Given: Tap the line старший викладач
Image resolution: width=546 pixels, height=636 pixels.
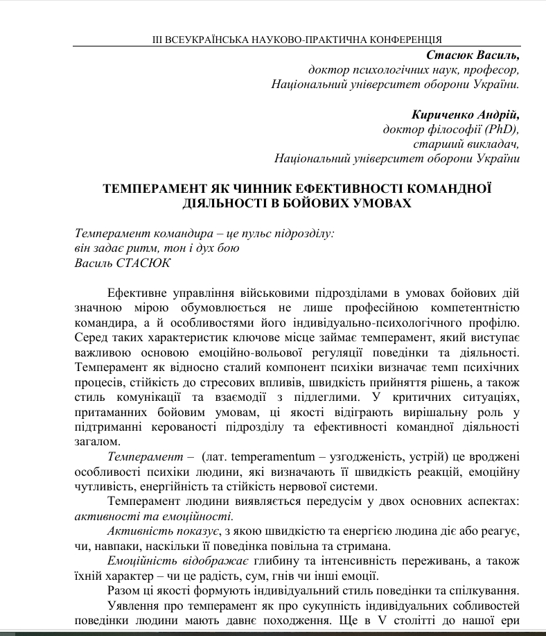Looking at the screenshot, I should tap(466, 144).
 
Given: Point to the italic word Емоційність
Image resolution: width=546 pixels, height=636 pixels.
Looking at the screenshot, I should tap(138, 561).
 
